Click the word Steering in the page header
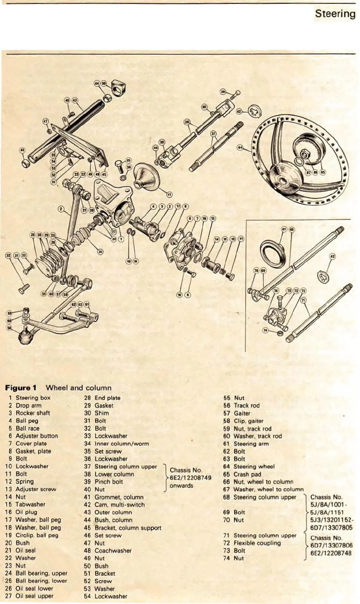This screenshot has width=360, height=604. coord(335,14)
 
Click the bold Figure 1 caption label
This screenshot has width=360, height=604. coord(21,388)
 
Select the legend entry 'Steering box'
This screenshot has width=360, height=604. coord(33,398)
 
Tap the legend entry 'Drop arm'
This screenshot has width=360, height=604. coord(28,405)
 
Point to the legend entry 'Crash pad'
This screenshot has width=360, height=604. coord(247,474)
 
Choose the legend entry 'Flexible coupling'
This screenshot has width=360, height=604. coord(257,543)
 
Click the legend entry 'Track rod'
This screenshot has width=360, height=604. coord(247,405)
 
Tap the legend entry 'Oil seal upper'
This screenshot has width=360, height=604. coord(35,596)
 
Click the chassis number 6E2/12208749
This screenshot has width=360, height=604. coord(191,478)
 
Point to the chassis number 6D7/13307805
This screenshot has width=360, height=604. coord(331,527)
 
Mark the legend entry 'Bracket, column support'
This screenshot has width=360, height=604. coord(128,528)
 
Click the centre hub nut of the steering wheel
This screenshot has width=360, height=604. coord(306,155)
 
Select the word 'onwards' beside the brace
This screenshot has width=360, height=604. coord(181,486)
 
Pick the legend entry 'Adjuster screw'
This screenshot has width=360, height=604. coord(36,489)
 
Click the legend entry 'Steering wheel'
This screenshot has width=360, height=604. coord(254,467)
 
